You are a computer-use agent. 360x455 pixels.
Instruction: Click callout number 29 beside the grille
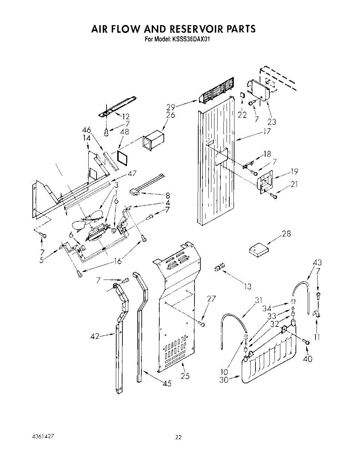[171, 107]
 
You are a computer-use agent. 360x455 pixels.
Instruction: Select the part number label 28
[286, 234]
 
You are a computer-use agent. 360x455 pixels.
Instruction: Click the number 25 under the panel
[185, 376]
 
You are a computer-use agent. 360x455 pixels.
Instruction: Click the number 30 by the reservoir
[224, 381]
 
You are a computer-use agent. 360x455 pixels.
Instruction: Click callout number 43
[317, 262]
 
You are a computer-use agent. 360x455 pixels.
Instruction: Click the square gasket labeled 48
[122, 158]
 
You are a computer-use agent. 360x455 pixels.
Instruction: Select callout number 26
[171, 115]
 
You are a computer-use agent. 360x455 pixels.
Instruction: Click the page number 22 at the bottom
[178, 437]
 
